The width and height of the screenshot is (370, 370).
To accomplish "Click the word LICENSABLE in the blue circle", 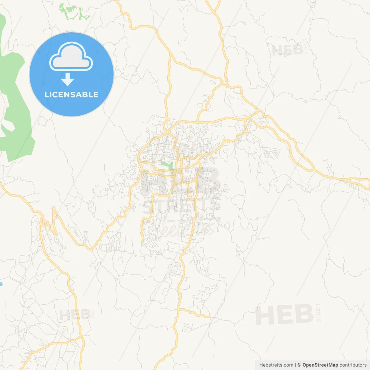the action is point(71,95).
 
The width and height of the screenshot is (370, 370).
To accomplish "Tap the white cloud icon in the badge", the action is point(71,57).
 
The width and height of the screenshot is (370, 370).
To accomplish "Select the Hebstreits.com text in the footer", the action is point(276,365).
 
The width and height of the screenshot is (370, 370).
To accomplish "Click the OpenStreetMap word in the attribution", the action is point(320,365).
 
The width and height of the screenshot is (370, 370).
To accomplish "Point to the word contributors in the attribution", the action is point(353,365).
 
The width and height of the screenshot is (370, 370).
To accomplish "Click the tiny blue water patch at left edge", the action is point(1,284).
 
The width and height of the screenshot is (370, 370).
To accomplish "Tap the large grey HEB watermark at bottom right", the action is point(284,315).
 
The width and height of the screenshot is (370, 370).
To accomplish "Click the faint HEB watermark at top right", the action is point(287,50).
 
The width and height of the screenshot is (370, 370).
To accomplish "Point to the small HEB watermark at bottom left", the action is point(75,314).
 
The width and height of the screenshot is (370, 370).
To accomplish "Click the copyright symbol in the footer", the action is point(299,365).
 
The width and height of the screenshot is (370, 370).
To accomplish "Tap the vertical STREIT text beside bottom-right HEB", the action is point(319,312).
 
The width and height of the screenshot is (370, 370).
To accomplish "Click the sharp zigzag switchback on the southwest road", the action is point(53,220).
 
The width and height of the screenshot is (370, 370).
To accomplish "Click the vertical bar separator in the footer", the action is point(295,365).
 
